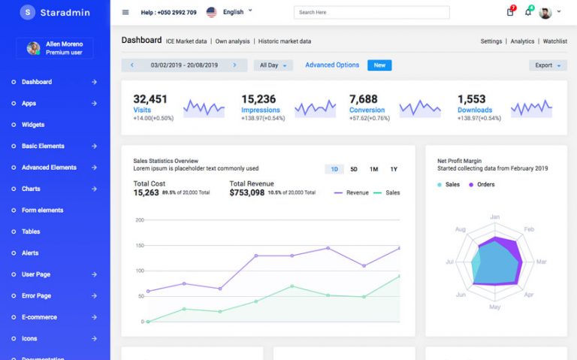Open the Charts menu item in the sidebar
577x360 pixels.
31,189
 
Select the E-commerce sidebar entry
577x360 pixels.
39,317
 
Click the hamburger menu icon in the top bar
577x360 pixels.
125,12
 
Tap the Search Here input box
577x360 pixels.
373,13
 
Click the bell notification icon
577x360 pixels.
528,12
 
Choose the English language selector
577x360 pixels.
229,12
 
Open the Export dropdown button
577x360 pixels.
548,65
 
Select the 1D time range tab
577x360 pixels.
334,169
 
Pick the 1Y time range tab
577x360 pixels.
394,169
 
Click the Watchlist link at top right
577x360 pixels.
554,41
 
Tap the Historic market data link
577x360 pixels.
285,41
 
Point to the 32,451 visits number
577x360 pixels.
150,99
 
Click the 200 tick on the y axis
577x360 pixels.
139,220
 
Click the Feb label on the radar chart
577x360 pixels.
529,229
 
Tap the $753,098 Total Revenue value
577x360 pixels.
247,192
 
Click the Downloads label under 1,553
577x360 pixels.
475,110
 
